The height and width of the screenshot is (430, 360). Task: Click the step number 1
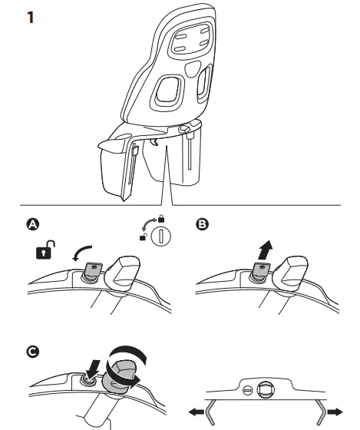coord(31,17)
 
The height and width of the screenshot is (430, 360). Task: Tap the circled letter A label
coord(33,224)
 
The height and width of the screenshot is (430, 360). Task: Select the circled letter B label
coord(202,224)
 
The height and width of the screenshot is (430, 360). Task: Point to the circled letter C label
coord(33,352)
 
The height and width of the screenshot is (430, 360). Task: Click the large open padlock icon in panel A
coord(45,250)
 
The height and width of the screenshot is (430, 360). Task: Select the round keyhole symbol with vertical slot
coord(161,236)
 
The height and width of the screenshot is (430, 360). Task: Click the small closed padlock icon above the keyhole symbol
coord(161,219)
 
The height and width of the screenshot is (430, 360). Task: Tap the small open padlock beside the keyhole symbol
coord(144,237)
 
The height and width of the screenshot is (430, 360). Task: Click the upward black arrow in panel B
coord(265,250)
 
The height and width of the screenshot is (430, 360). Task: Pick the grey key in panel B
coord(261,269)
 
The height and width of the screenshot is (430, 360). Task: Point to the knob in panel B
coord(291,273)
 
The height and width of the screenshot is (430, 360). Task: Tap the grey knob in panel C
coord(120,376)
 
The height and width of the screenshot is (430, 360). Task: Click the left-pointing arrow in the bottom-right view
coord(197,412)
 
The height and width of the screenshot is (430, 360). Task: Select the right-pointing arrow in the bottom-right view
coord(335,412)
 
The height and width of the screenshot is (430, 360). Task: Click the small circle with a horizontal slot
coord(248,390)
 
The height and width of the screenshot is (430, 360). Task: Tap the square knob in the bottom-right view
coord(266,390)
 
